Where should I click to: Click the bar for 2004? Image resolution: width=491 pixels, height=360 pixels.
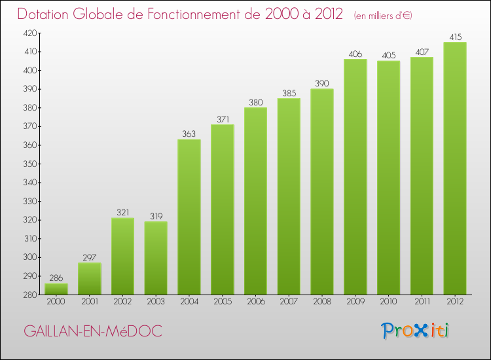(189, 217)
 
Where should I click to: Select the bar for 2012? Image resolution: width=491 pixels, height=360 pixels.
(455, 168)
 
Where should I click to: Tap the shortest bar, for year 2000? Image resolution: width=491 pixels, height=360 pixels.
(56, 289)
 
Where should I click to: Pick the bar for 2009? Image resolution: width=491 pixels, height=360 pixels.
(355, 177)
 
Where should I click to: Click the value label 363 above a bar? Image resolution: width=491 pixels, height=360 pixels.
(189, 134)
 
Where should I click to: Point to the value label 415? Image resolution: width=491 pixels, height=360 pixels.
(455, 37)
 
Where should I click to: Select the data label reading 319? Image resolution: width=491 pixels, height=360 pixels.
(156, 216)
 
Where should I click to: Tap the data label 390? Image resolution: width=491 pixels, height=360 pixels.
(322, 83)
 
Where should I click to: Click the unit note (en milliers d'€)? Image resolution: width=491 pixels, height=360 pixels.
(383, 15)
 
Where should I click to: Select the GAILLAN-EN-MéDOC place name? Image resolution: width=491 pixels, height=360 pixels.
(92, 331)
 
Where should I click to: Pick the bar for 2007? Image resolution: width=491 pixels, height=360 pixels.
(289, 196)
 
